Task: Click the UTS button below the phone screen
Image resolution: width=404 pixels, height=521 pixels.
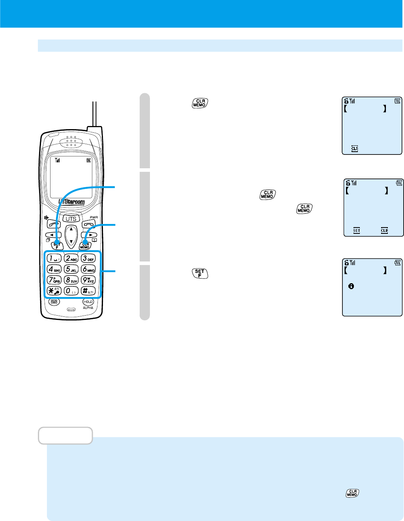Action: pos(71,218)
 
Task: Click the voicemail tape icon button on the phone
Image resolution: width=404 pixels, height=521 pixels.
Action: pos(54,301)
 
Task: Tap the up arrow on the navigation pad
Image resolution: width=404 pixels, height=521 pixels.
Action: pos(71,229)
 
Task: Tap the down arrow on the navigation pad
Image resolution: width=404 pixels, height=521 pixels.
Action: pos(71,241)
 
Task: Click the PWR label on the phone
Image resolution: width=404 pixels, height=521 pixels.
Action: pos(94,217)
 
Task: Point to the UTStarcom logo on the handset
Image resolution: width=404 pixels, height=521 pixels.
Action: pos(71,201)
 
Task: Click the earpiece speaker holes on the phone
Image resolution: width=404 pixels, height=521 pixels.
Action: pos(71,141)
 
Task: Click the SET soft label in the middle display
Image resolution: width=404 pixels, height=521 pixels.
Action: pos(357,230)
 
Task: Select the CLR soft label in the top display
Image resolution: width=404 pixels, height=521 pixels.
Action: pos(355,149)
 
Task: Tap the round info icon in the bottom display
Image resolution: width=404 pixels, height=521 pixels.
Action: pos(351,286)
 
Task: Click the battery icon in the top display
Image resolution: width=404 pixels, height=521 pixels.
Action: pos(397,101)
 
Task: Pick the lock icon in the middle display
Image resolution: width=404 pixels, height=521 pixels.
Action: pos(348,183)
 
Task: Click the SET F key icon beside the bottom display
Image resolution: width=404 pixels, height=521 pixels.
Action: pos(200,273)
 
